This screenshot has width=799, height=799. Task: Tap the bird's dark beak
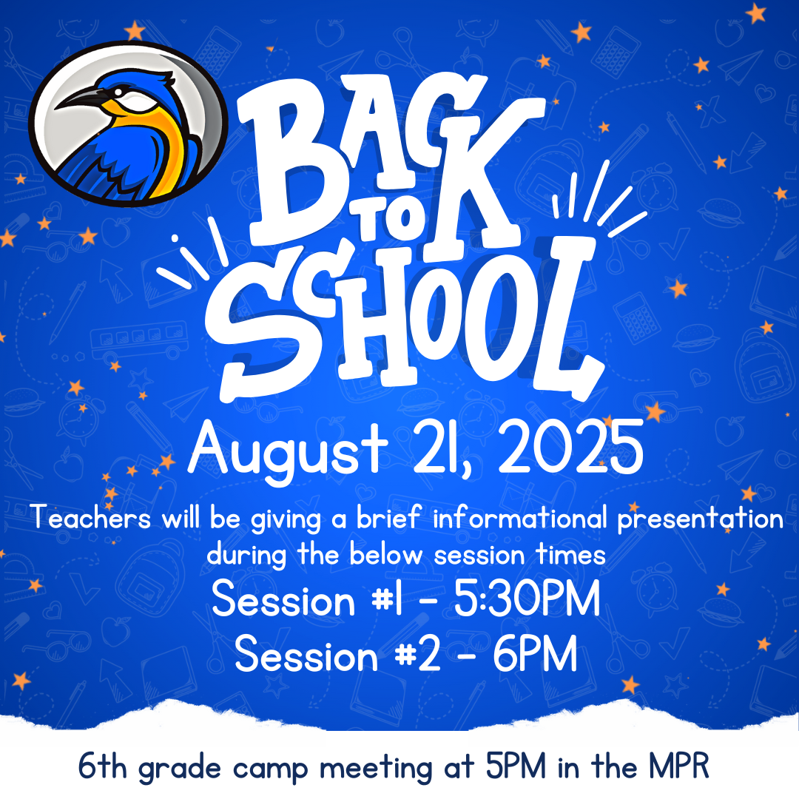(x=81, y=98)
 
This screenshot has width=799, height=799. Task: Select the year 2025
(x=570, y=448)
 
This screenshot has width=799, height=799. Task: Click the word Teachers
(x=91, y=518)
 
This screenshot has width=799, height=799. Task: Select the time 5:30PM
(x=527, y=599)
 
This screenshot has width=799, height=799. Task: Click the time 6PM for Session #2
(x=535, y=654)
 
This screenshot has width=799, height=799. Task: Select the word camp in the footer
(x=271, y=769)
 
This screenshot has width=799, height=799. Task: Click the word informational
(x=520, y=518)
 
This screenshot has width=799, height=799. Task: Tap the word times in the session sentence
(x=570, y=555)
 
